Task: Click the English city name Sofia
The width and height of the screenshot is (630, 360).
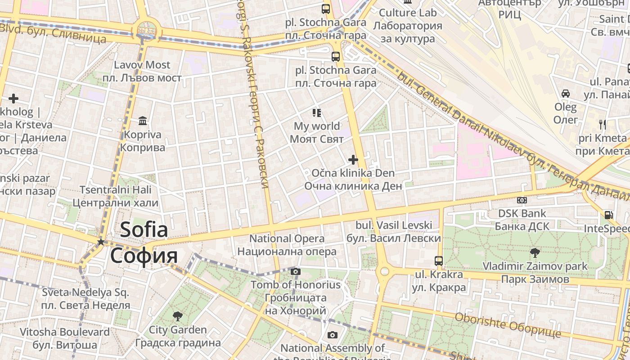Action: [144, 230]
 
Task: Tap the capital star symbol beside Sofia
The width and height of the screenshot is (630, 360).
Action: [101, 242]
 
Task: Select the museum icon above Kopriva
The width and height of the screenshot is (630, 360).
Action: [143, 121]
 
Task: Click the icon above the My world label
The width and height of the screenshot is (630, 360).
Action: [317, 112]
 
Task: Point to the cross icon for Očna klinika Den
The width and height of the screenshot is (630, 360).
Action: [353, 159]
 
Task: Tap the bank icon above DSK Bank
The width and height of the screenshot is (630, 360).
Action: [522, 200]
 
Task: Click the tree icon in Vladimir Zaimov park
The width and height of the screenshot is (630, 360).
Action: [535, 252]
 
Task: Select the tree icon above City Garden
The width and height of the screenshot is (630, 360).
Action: [178, 316]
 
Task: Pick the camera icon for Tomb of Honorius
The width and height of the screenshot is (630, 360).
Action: [296, 271]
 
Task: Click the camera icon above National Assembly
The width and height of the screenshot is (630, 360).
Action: [333, 335]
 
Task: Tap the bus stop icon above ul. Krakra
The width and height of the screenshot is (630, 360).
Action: [438, 261]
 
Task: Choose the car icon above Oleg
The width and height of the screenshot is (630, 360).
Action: [566, 94]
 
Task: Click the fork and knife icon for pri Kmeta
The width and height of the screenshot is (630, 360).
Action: [603, 124]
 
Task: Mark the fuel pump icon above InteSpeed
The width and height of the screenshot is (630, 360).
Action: [608, 215]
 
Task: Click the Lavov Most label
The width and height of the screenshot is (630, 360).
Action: [142, 65]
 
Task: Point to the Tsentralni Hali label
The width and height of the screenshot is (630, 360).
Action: [116, 190]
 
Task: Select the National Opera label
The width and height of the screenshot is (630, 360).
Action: [287, 238]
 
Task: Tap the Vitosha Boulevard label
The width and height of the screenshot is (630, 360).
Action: [64, 332]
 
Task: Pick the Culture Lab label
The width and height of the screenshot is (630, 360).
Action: [408, 12]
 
